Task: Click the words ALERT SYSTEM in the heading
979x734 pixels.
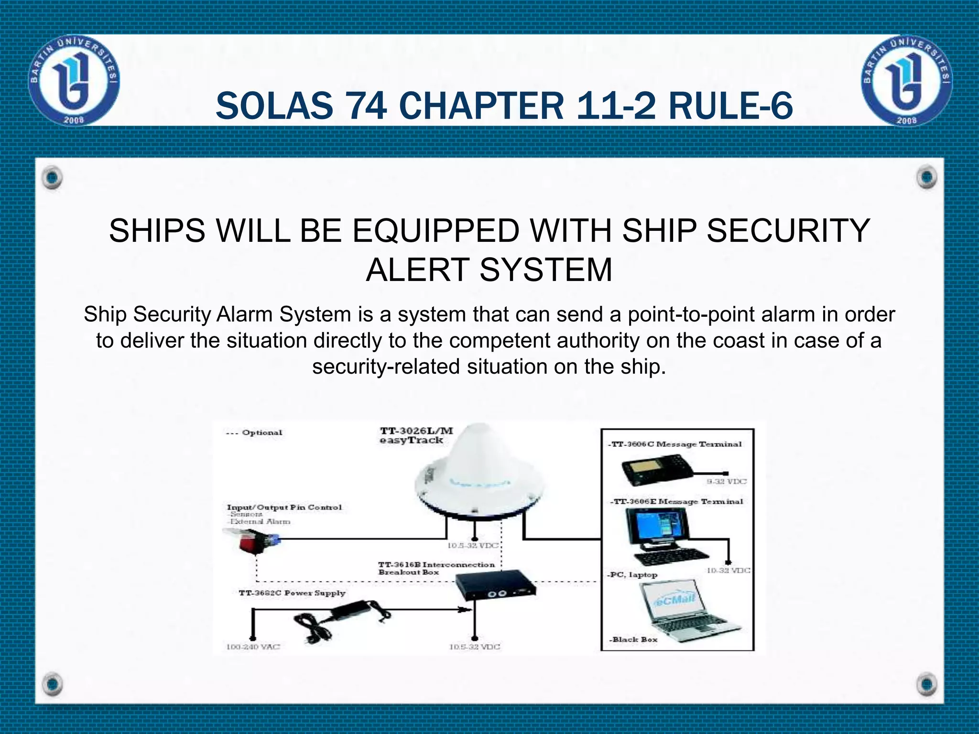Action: coord(489,270)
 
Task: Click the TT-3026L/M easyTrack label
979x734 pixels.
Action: coord(416,435)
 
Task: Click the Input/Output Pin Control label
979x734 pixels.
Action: coord(284,507)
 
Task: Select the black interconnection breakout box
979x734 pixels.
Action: coord(495,585)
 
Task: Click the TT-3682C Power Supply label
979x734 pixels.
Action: coord(292,593)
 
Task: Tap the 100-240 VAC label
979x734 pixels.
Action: coord(253,647)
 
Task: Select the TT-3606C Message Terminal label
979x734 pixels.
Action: coord(674,444)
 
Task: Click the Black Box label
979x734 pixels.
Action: coord(634,639)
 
